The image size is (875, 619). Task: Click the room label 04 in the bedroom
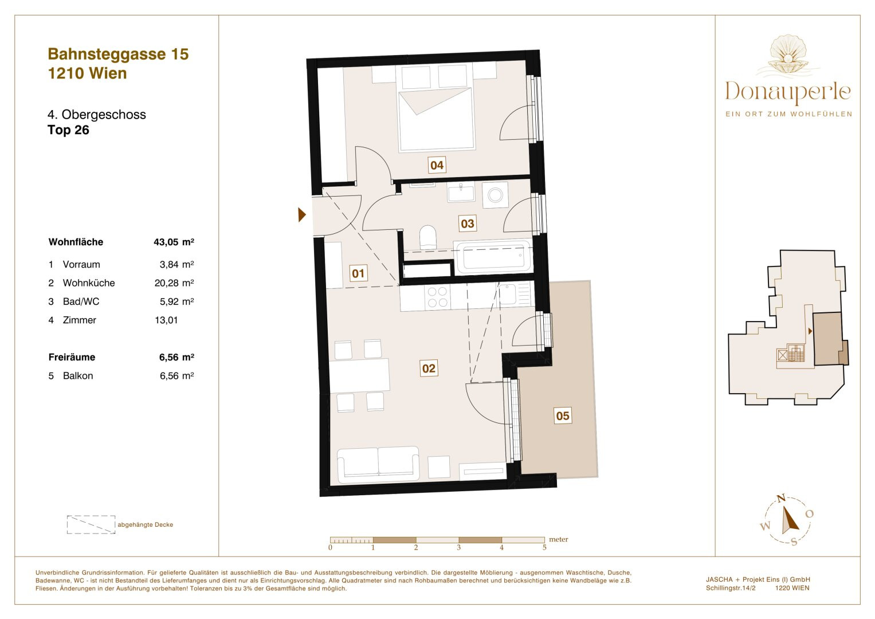pyautogui.click(x=437, y=165)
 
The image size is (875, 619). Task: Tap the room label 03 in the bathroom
pyautogui.click(x=467, y=224)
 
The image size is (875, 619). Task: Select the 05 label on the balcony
pyautogui.click(x=563, y=416)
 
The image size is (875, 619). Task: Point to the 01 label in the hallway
pyautogui.click(x=358, y=273)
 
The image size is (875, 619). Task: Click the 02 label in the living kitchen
pyautogui.click(x=429, y=368)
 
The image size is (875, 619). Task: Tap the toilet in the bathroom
pyautogui.click(x=427, y=237)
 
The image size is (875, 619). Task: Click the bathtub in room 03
pyautogui.click(x=493, y=256)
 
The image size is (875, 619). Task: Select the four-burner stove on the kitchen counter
pyautogui.click(x=438, y=297)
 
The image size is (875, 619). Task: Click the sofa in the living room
pyautogui.click(x=378, y=464)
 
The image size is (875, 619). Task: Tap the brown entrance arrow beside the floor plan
pyautogui.click(x=301, y=214)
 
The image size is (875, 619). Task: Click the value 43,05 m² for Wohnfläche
pyautogui.click(x=174, y=242)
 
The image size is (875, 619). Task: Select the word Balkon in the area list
pyautogui.click(x=78, y=376)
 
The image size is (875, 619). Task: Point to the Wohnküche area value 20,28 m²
pyautogui.click(x=174, y=283)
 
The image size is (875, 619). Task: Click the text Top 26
pyautogui.click(x=68, y=130)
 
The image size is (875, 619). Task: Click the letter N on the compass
pyautogui.click(x=781, y=498)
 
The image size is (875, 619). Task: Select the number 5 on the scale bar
pyautogui.click(x=544, y=547)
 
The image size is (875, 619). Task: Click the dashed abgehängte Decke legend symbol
pyautogui.click(x=91, y=524)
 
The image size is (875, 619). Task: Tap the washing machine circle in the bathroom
pyautogui.click(x=495, y=195)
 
